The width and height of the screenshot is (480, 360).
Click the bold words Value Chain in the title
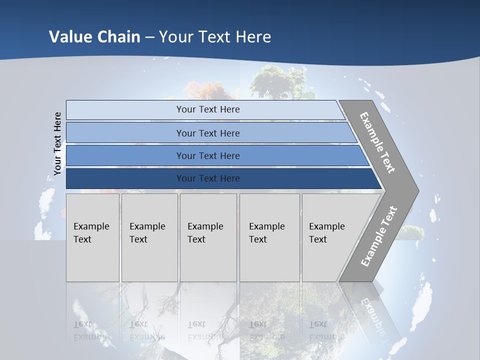click(94, 36)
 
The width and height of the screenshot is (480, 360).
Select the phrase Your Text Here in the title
click(215, 36)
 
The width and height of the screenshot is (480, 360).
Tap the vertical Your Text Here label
click(57, 143)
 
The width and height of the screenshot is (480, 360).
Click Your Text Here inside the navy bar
click(208, 178)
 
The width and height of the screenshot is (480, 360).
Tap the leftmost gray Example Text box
click(92, 237)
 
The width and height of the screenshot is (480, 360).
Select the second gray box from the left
click(149, 237)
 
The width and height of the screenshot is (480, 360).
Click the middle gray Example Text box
click(208, 237)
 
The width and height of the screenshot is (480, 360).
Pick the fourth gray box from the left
click(269, 237)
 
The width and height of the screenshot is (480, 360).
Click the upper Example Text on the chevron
click(377, 142)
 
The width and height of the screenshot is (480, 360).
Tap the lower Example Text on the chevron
click(378, 236)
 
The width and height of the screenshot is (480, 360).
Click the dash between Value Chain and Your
click(149, 37)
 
